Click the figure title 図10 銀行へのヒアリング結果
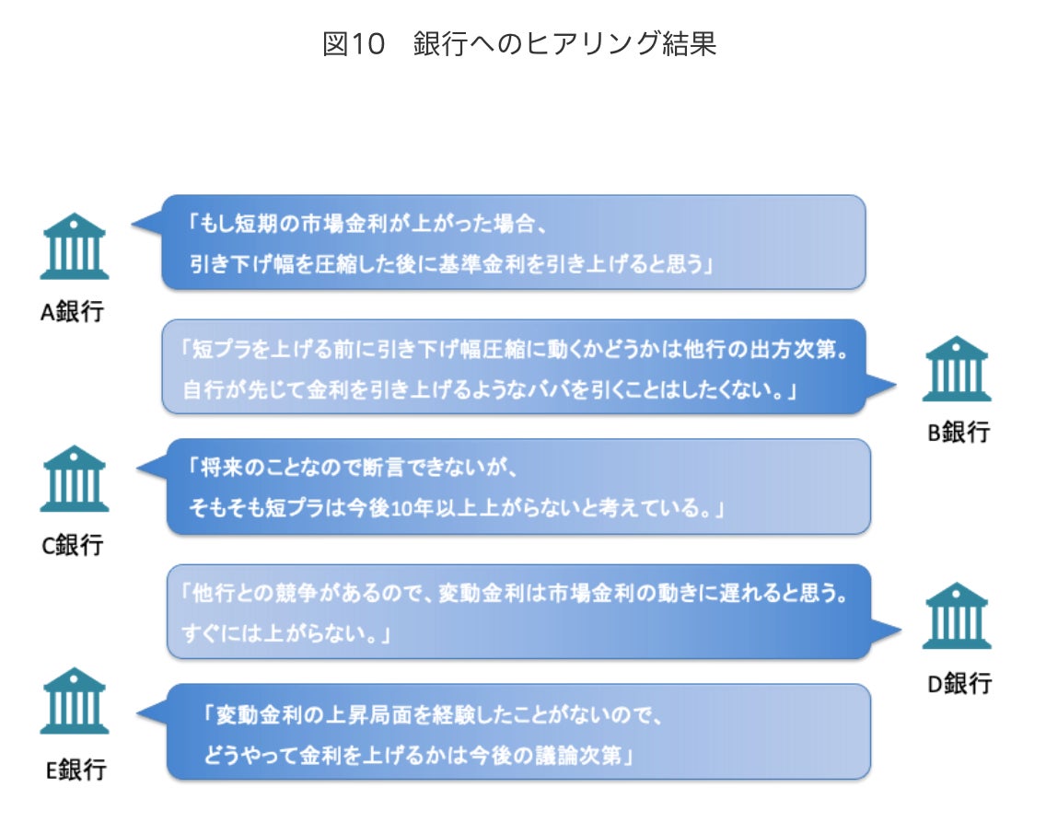tap(519, 44)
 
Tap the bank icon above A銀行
tap(75, 247)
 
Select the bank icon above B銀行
tap(956, 368)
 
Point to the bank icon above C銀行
tap(75, 479)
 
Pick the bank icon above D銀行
tap(956, 615)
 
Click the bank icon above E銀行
tap(75, 701)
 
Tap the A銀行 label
tap(73, 312)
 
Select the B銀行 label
tap(958, 433)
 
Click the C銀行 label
tap(73, 545)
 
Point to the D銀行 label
tap(958, 683)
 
